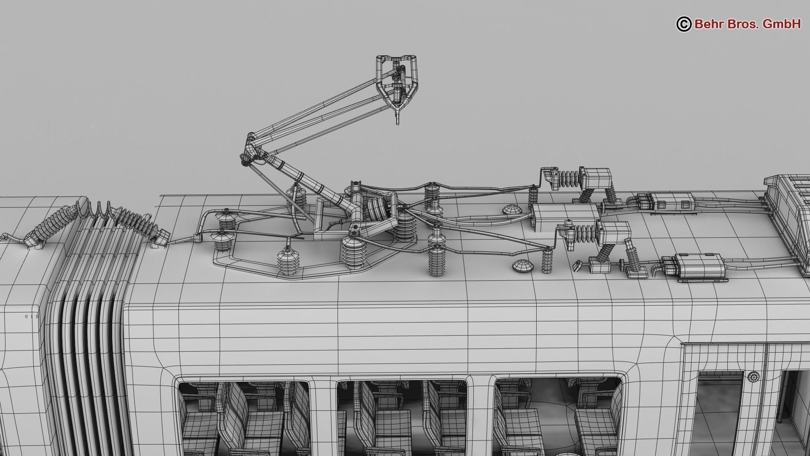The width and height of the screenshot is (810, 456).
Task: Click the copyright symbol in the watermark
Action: point(684,24)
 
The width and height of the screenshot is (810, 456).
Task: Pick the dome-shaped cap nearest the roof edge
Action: point(522,266)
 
